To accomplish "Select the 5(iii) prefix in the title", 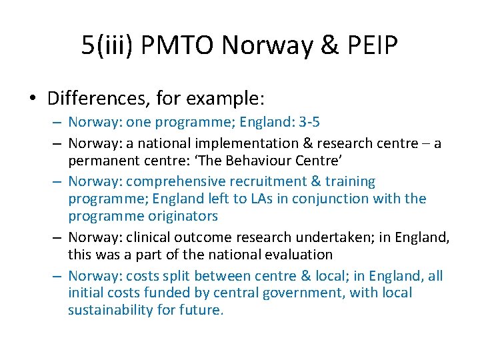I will pos(105,45).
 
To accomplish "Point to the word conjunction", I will pos(329,199).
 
